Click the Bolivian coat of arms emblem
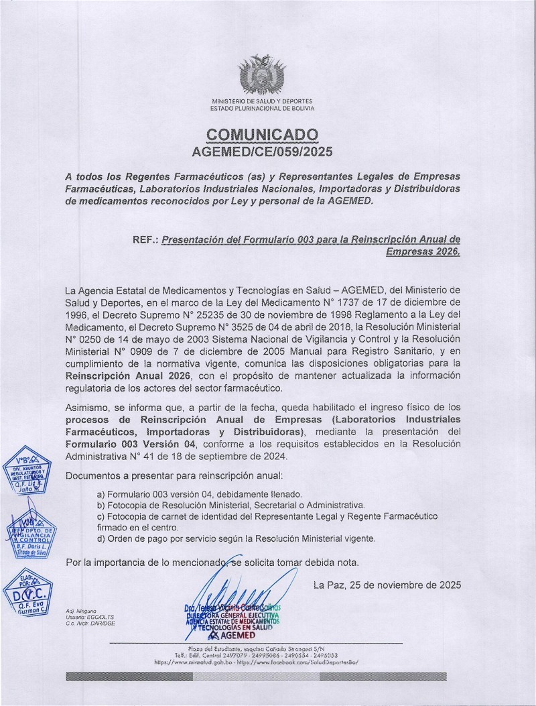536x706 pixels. point(262,76)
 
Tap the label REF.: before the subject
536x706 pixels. point(145,239)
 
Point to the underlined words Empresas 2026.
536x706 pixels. point(423,252)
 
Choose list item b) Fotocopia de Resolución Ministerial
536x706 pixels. point(231,505)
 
